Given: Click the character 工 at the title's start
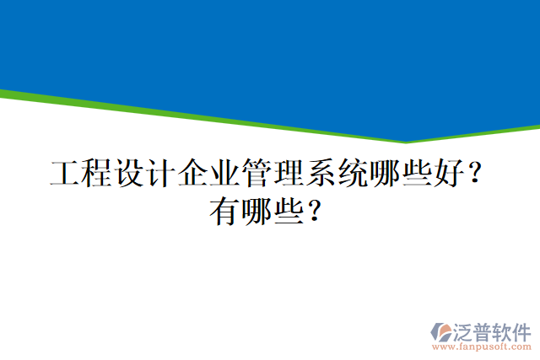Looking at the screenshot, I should (65, 175).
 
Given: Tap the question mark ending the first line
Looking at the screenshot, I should (475, 175).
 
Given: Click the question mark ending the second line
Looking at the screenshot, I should (315, 210).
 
